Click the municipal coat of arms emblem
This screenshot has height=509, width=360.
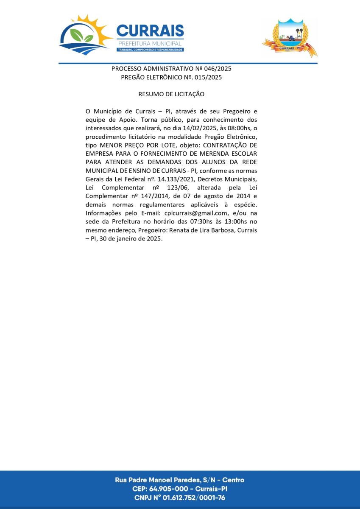[x=290, y=38]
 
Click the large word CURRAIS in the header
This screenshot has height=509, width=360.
[x=150, y=31]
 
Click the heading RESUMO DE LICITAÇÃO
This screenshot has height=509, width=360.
[x=171, y=94]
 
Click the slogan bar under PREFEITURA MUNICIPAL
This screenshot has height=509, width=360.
[x=150, y=50]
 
